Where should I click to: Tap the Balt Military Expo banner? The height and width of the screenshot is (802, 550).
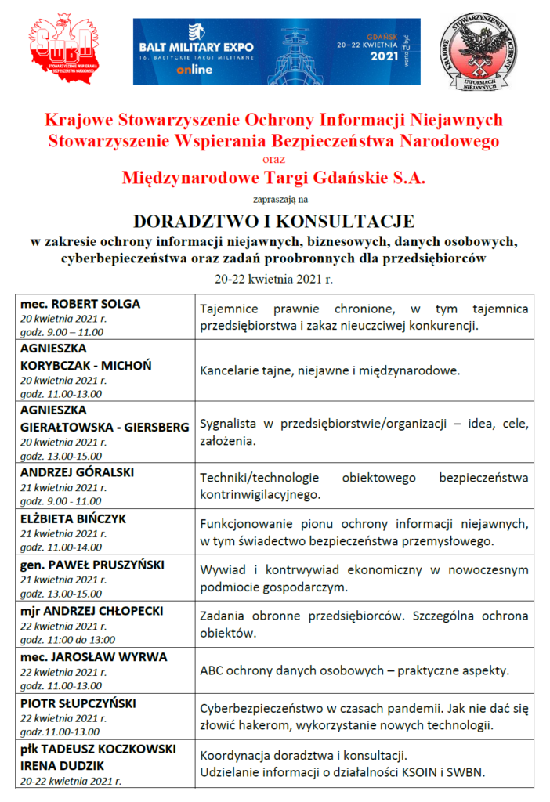click(x=276, y=52)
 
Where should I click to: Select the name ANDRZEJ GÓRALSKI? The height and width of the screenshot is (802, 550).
click(x=77, y=472)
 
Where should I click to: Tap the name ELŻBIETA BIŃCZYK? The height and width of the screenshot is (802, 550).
click(x=73, y=518)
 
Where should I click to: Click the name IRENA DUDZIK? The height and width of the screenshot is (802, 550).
click(x=62, y=765)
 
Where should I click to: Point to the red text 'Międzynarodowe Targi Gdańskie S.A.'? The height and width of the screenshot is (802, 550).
click(x=273, y=179)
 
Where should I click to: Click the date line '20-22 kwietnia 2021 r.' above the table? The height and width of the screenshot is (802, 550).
click(x=274, y=278)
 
